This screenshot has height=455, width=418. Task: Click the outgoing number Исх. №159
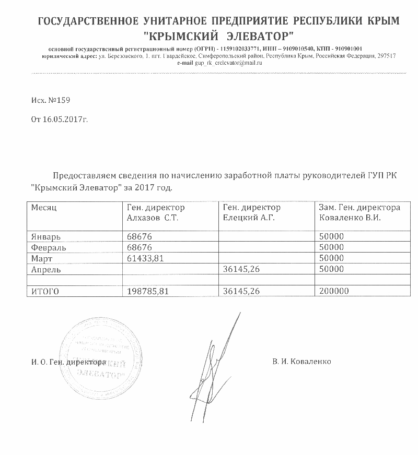pos(51,99)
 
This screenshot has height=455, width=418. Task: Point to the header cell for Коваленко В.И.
pos(359,212)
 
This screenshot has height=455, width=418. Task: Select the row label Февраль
pos(48,247)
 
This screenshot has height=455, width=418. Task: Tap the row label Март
pos(42,258)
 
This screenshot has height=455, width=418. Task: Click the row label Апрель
pos(46,269)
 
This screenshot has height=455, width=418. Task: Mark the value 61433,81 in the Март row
pos(148,258)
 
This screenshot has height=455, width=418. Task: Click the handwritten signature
pos(212,360)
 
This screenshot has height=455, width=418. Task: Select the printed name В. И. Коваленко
pos(301,362)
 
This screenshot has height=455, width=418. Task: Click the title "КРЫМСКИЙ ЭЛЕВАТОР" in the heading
pos(219,37)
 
